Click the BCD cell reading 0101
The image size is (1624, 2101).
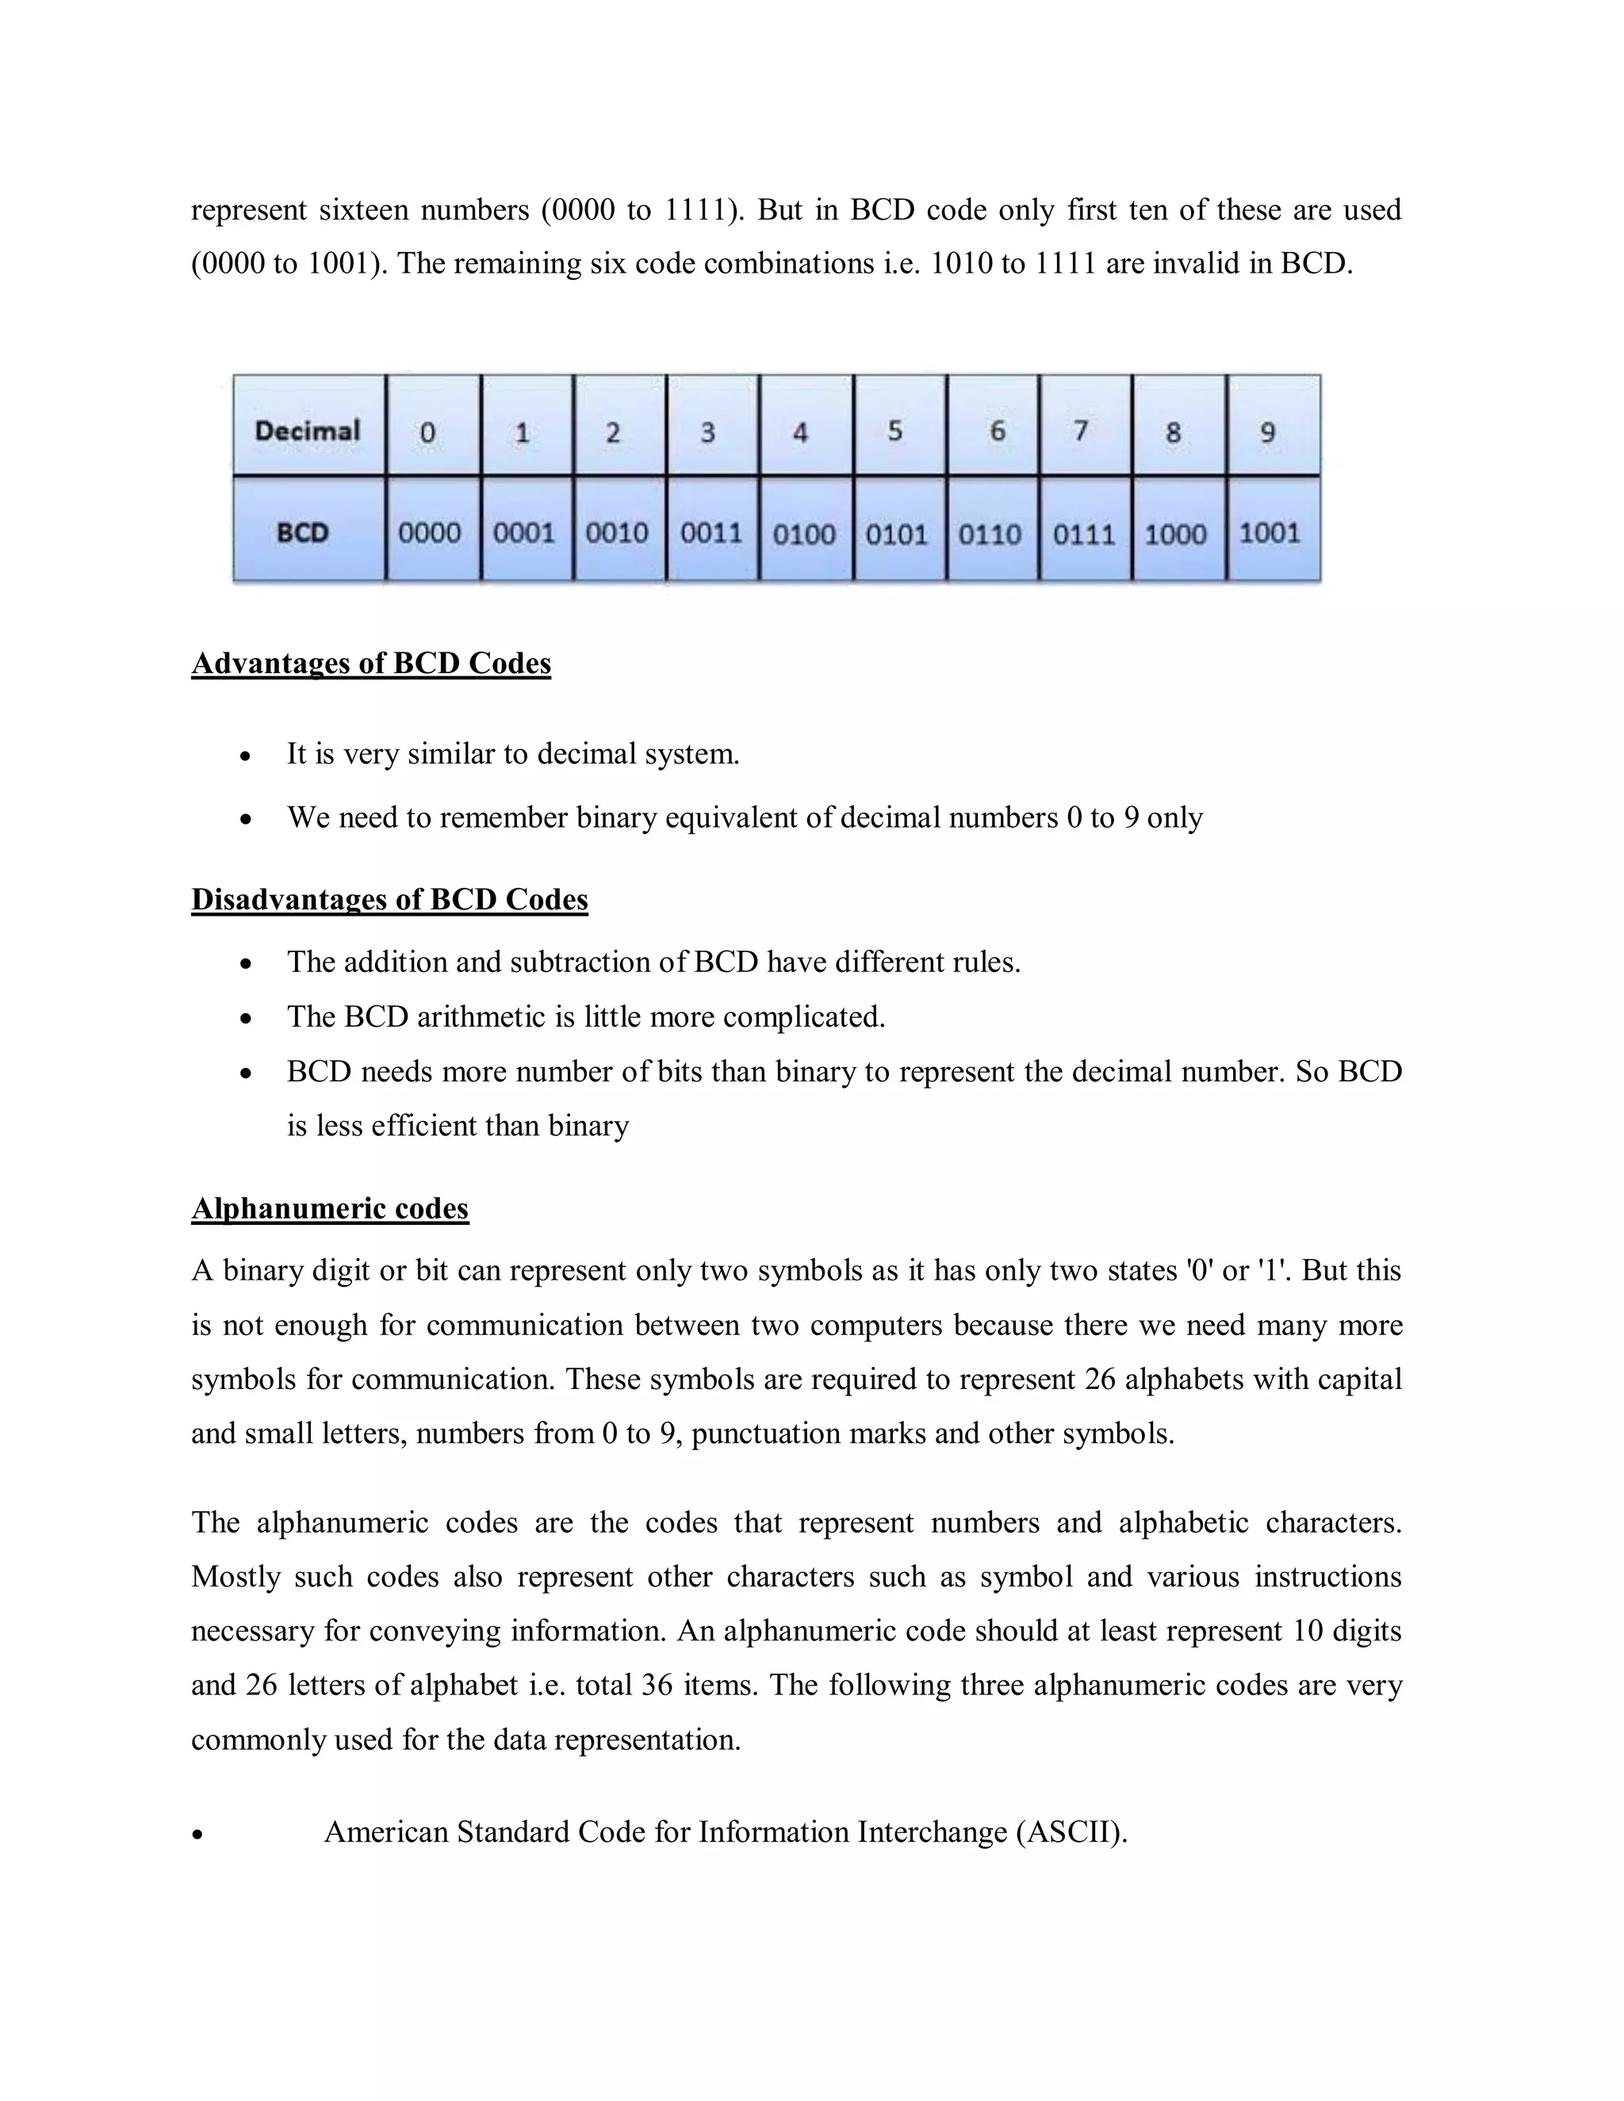(x=896, y=533)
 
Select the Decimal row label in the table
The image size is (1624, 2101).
(x=307, y=430)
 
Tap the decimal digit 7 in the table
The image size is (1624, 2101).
(x=1082, y=430)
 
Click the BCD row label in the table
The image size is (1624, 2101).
(x=303, y=532)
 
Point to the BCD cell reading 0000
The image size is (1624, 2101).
(x=429, y=532)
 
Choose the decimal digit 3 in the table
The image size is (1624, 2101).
(x=708, y=432)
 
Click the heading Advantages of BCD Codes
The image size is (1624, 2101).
(x=370, y=664)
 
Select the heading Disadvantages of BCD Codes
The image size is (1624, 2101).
(x=389, y=900)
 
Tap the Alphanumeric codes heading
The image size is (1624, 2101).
(x=329, y=1208)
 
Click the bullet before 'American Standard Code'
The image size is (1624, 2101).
(x=197, y=1835)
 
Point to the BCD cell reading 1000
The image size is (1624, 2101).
(x=1174, y=533)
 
